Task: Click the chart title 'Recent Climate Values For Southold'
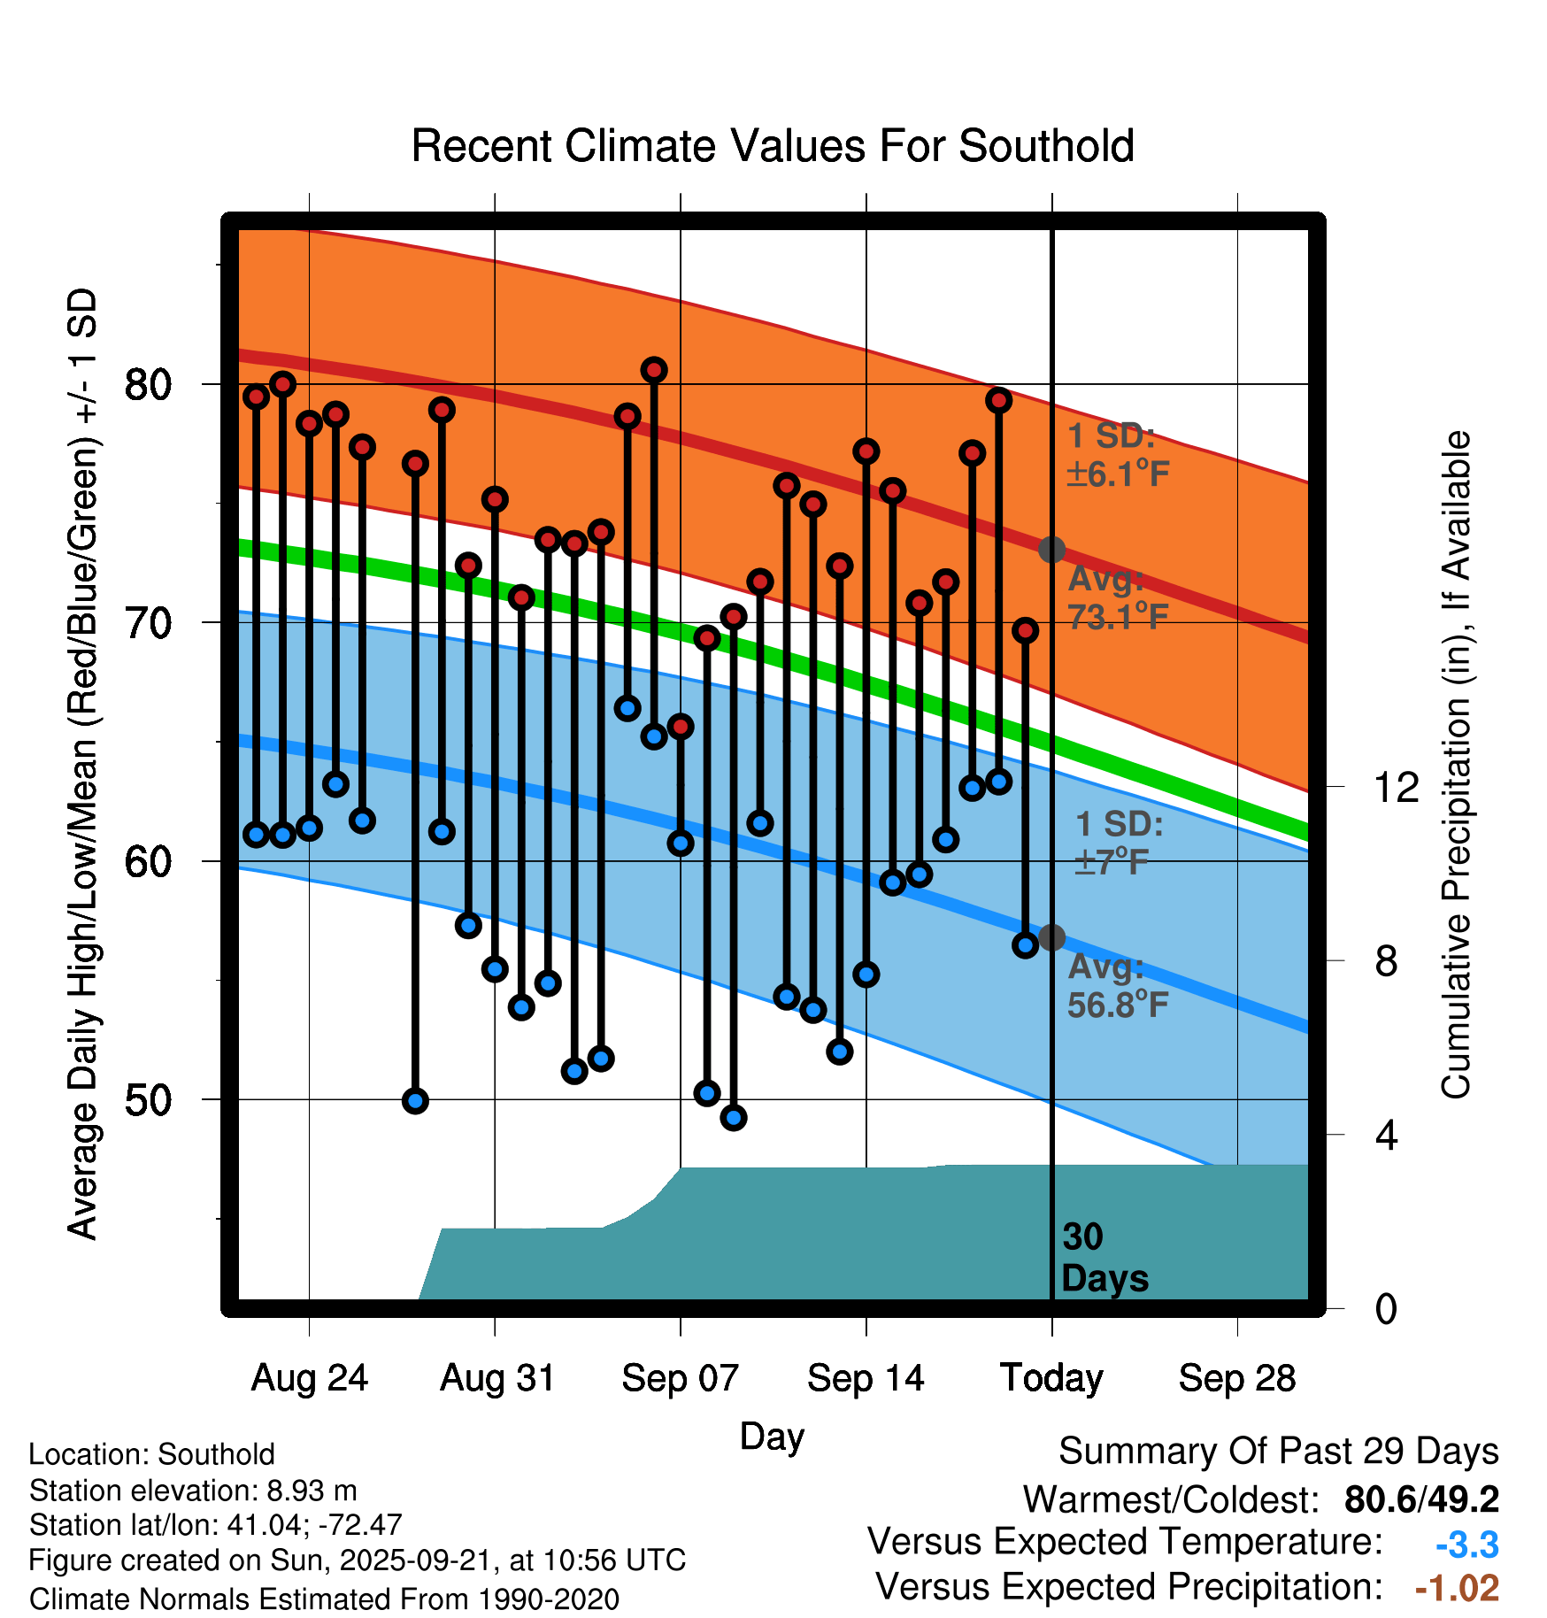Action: (773, 146)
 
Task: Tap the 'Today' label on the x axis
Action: (1051, 1378)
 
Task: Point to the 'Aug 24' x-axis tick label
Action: (309, 1378)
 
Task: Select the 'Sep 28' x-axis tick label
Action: (1237, 1378)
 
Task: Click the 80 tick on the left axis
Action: (148, 384)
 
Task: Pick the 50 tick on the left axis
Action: (148, 1100)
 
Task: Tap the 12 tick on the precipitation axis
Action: (1396, 787)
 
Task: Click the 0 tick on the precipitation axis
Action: (1386, 1308)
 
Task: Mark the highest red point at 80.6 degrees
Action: (654, 370)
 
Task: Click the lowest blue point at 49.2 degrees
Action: (734, 1118)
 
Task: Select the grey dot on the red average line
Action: (1051, 550)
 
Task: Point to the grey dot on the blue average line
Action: (1051, 937)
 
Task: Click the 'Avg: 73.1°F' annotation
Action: (1117, 597)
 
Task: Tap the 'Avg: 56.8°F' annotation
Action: (1117, 986)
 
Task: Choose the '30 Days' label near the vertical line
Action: (1104, 1258)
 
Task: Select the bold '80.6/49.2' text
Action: (1421, 1499)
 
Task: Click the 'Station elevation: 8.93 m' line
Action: (193, 1491)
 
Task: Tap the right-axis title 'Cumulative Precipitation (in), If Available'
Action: (1456, 765)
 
